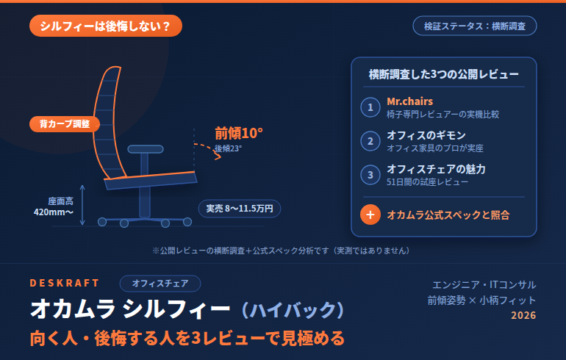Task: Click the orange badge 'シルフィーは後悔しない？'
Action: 106,26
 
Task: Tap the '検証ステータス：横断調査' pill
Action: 475,26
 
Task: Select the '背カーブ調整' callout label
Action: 65,124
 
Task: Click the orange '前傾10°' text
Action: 239,133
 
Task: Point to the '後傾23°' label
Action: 228,148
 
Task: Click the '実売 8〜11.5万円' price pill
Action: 240,209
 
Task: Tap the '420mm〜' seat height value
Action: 54,212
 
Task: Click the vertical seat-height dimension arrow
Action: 82,205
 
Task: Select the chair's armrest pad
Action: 146,149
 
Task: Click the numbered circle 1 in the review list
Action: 370,107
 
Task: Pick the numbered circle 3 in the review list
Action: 370,175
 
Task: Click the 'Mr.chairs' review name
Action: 409,101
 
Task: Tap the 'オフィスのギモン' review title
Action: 426,135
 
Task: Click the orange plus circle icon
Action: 370,215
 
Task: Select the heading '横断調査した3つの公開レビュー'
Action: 444,74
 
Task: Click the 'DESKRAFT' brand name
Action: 64,283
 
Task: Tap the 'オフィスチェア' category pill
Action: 160,284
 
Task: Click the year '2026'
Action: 523,315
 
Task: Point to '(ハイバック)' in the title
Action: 293,309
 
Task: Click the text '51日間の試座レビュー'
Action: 427,181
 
